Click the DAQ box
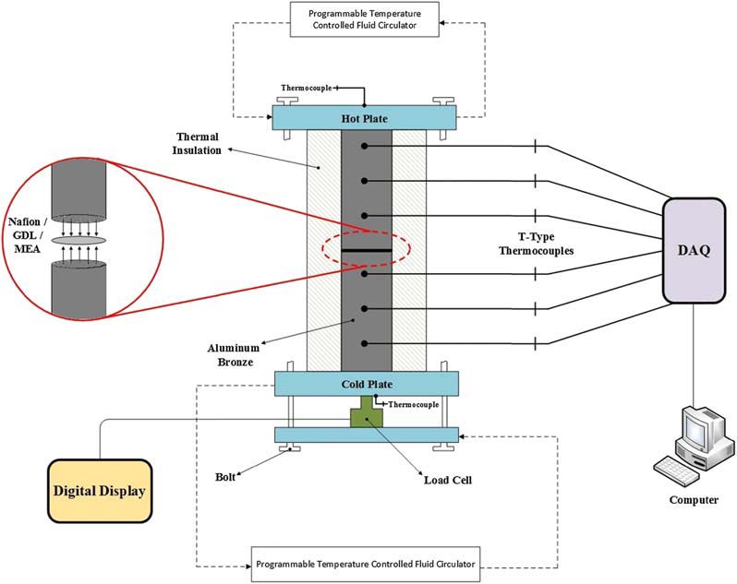694,249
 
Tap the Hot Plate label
363,118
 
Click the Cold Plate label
366,383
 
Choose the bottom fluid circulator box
366,562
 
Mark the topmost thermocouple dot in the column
367,147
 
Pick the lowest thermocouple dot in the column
367,343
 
